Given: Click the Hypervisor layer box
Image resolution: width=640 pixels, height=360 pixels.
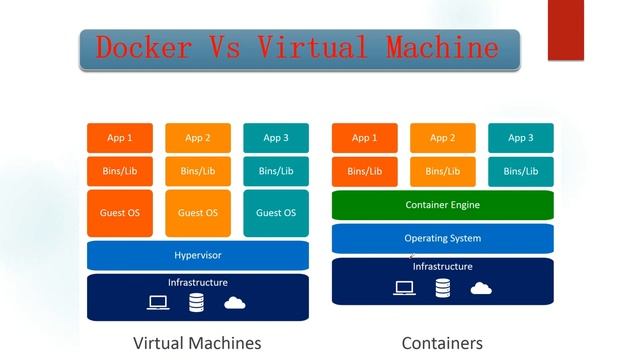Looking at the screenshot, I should click(198, 256).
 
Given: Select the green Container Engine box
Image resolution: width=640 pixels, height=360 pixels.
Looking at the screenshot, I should click(442, 205).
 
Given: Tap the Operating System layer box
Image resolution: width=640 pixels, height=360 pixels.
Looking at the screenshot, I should click(442, 238).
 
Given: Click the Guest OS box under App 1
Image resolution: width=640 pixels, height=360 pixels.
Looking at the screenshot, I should click(119, 213).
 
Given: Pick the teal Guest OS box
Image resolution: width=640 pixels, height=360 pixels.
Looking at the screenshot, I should click(276, 213).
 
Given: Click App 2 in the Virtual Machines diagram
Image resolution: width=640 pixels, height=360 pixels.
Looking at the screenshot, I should click(198, 138).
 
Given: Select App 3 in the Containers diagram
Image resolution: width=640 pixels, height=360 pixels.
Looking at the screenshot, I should click(520, 138).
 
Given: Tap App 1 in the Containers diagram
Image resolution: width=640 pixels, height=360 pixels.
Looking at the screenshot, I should click(364, 138).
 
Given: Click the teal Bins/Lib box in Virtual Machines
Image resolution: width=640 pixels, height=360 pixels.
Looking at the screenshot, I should click(276, 171).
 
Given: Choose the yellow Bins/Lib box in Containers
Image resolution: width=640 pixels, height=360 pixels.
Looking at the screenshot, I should click(442, 171).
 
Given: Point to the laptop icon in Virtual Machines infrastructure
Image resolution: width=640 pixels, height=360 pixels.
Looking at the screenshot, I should click(158, 302).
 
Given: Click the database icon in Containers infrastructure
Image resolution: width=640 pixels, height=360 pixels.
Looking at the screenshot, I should click(442, 289).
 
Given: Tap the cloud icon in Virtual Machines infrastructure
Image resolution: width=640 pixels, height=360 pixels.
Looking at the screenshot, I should click(235, 302).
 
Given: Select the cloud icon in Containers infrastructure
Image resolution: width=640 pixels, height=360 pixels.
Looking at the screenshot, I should click(481, 288).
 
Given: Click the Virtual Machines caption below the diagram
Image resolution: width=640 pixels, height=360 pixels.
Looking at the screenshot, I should click(197, 343).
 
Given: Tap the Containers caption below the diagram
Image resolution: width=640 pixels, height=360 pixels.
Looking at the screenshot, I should click(441, 343).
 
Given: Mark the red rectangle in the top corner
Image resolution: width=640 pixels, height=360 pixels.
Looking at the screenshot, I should click(565, 30).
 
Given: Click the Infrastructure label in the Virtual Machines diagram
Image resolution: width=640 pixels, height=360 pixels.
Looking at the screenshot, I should click(198, 283).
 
